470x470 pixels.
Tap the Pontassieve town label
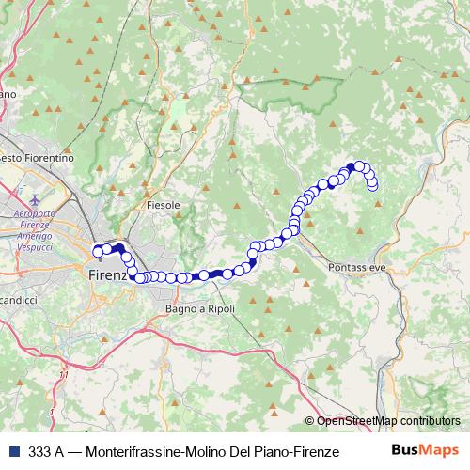coord(358,268)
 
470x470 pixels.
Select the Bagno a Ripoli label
coord(200,308)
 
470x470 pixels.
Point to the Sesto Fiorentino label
coord(36,159)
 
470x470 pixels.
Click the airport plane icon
coord(35,200)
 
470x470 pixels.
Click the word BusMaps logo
coord(424,450)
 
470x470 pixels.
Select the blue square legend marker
coord(12,451)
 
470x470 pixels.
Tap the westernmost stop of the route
coord(98,251)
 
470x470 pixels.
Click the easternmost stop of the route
coord(373,185)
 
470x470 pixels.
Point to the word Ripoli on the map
coord(219,308)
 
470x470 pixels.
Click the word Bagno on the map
coord(180,308)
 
